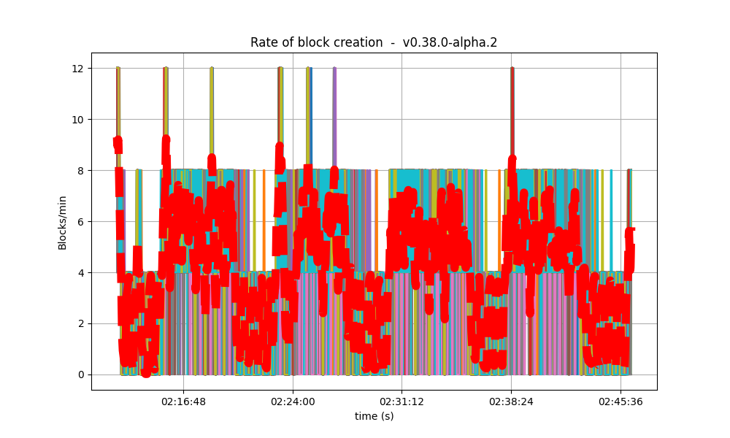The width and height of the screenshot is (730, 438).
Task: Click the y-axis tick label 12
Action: click(77, 69)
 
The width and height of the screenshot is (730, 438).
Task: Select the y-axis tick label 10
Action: click(77, 120)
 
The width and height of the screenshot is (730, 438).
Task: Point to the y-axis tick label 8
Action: click(80, 171)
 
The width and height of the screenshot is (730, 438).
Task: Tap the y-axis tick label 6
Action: click(80, 222)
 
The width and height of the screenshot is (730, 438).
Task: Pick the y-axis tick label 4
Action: click(80, 273)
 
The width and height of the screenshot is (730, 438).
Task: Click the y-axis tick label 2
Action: click(80, 324)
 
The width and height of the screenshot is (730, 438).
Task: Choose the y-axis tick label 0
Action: click(80, 375)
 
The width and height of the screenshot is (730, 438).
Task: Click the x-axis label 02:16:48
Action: click(183, 401)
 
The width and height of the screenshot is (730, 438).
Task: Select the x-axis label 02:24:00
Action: click(293, 401)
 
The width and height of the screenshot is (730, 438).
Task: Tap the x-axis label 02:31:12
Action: click(401, 401)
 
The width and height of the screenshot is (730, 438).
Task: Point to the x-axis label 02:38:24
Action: click(511, 401)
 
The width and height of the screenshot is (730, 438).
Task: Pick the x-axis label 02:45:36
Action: click(620, 401)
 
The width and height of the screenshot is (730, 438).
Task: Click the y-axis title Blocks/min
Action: click(63, 221)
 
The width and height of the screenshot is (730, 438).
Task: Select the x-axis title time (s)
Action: click(374, 416)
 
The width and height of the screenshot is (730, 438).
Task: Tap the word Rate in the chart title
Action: click(263, 42)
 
